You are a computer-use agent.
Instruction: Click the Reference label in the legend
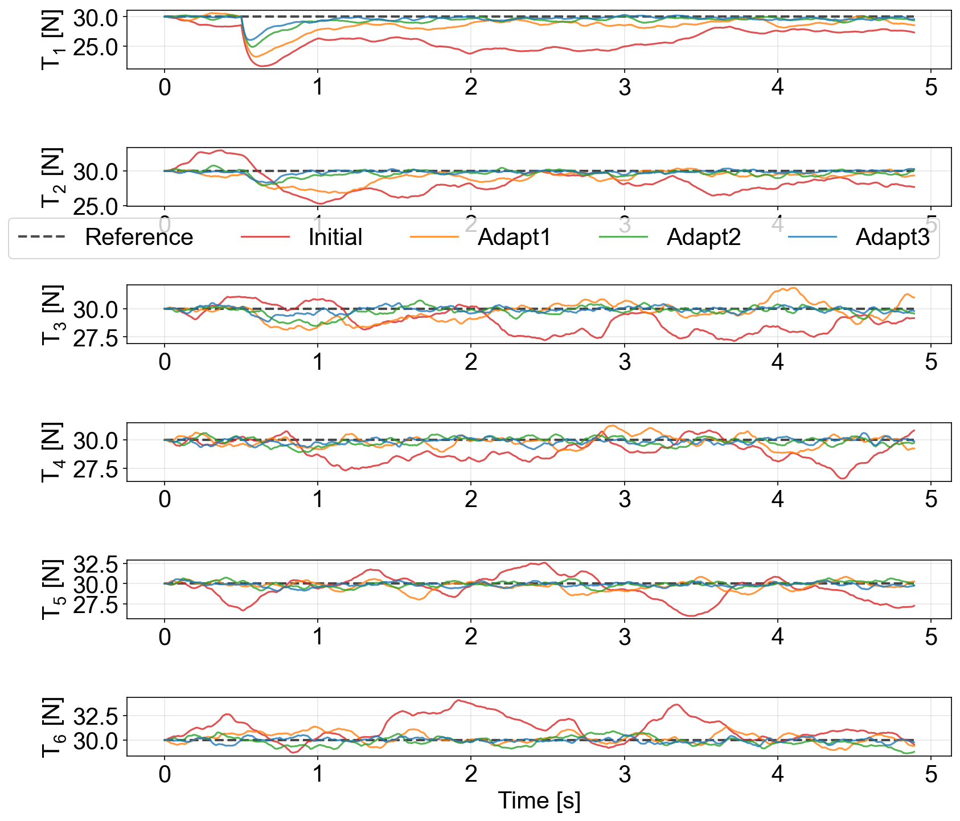pos(138,238)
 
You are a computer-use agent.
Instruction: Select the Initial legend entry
pos(335,238)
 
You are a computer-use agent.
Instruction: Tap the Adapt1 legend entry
pos(514,238)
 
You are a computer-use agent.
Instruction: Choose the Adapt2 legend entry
pos(703,238)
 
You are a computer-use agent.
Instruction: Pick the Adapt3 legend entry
pos(892,238)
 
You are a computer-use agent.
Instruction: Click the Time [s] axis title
pos(539,800)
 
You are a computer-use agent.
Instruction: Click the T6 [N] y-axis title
pos(52,727)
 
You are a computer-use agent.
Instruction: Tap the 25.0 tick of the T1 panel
pos(96,47)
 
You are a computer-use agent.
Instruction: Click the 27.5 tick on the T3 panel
pos(96,338)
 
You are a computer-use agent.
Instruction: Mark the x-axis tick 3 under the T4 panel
pos(625,499)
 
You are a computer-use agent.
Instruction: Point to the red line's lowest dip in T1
pos(262,66)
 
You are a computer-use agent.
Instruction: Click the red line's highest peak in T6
pos(458,701)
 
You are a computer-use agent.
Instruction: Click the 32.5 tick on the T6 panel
pos(96,716)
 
